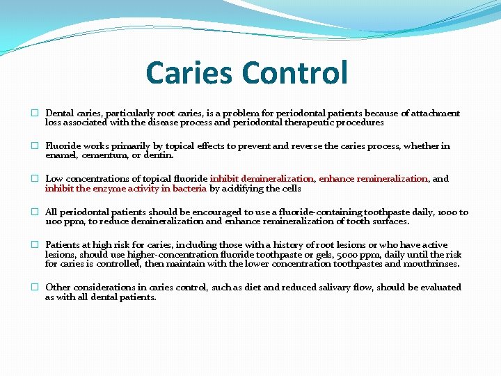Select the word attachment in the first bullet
click(x=436, y=113)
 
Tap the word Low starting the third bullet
click(x=54, y=179)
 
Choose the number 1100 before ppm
click(x=54, y=221)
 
